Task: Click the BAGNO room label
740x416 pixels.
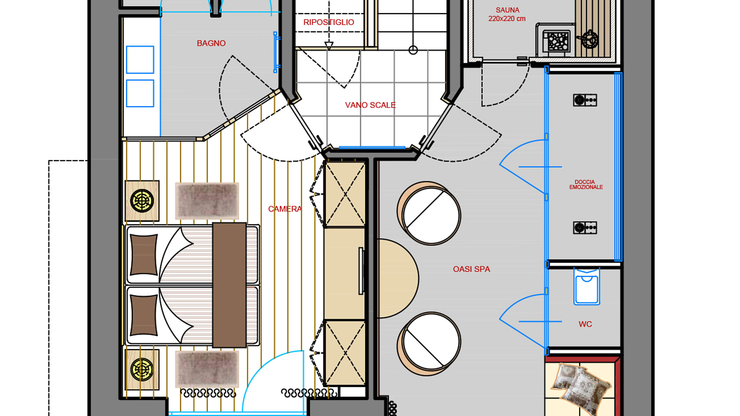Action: [x=211, y=43]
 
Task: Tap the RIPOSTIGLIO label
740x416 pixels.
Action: [x=329, y=22]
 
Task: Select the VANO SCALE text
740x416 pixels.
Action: [x=370, y=105]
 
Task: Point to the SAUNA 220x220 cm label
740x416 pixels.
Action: [x=507, y=14]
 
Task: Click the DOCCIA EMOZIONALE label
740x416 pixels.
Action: [x=586, y=185]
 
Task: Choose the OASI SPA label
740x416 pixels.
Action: [x=471, y=269]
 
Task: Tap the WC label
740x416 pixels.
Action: [x=585, y=324]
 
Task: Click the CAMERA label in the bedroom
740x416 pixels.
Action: [x=285, y=209]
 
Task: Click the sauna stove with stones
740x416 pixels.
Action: [x=557, y=41]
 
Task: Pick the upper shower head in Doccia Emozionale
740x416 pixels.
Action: [x=585, y=100]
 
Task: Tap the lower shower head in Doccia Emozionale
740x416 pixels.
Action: [x=585, y=228]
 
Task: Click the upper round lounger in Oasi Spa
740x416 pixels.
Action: [x=429, y=213]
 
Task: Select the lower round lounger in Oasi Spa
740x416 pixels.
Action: [x=429, y=344]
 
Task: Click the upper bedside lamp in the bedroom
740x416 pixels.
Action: [x=142, y=201]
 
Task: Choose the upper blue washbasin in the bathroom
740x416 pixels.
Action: [x=140, y=60]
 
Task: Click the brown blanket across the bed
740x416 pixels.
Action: [x=229, y=285]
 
